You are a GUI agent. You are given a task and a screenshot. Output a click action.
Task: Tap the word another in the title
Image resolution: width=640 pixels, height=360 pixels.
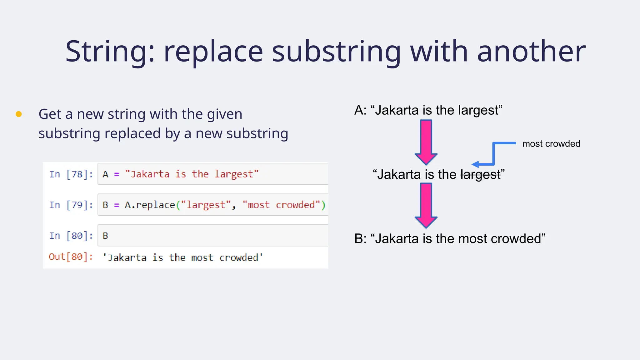coord(531,52)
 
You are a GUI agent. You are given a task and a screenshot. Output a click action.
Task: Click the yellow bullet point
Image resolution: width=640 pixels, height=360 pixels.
coord(19,114)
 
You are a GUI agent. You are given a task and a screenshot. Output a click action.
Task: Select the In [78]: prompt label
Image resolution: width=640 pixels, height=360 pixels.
coord(71,174)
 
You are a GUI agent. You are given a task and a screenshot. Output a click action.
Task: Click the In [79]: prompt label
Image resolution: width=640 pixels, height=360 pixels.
coord(71,205)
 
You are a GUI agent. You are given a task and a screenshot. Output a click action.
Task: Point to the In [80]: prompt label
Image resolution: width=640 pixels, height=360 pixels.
coord(71,236)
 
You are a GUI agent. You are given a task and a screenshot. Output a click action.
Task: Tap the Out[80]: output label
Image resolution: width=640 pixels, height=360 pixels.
coord(71,257)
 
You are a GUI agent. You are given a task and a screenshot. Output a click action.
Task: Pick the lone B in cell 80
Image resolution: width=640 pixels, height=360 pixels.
coord(105,236)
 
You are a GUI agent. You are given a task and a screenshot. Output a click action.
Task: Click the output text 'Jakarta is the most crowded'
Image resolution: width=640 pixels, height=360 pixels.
coord(183,258)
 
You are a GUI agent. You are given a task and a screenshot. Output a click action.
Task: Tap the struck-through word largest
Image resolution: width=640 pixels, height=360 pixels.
coord(480,175)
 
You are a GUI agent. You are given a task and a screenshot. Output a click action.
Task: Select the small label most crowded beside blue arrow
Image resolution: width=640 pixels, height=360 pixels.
coord(551,144)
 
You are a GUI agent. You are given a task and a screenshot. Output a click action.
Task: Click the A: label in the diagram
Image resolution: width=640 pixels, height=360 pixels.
coord(360,110)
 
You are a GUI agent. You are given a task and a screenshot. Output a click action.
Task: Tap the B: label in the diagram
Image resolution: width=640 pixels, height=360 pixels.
coord(360,239)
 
